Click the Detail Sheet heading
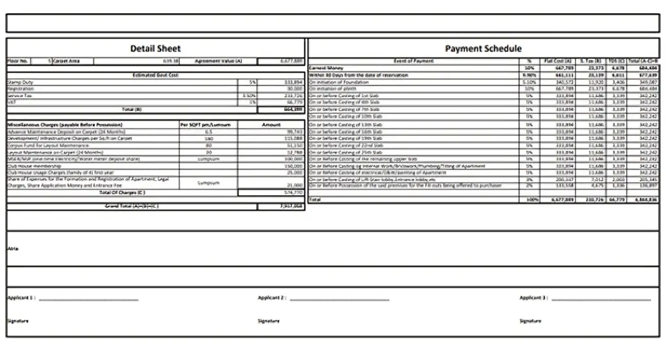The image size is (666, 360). click(x=155, y=48)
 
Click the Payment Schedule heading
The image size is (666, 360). click(x=483, y=48)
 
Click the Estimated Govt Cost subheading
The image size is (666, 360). click(x=155, y=76)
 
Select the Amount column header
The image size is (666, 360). click(x=271, y=124)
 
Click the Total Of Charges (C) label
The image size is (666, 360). click(x=122, y=193)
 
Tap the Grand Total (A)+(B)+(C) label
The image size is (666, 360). click(x=131, y=206)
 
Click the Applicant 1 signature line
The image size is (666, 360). click(x=88, y=300)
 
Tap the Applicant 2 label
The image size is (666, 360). click(x=271, y=298)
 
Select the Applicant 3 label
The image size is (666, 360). click(x=533, y=298)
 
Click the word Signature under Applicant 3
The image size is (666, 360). click(x=531, y=321)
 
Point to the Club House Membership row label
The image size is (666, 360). click(x=33, y=166)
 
